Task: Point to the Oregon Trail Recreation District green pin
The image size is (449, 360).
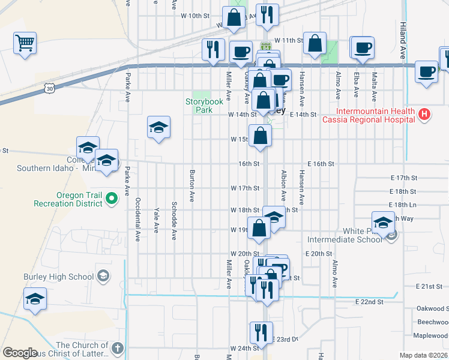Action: coord(110,197)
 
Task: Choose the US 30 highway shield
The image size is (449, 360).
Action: coord(49,89)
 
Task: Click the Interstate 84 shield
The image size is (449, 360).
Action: coord(266,46)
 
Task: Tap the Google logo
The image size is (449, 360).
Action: coord(20,353)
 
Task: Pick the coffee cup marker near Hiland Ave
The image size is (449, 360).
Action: coord(426,71)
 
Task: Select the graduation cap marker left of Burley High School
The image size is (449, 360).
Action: coord(35,298)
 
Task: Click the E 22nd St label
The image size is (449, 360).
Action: coord(369,302)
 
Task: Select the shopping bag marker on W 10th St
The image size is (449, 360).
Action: coord(234,17)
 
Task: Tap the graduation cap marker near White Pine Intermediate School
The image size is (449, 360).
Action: coord(383,223)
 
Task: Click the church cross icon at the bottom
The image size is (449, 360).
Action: coord(118,347)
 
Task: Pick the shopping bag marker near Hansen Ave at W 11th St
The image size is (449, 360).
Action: coord(315,43)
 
